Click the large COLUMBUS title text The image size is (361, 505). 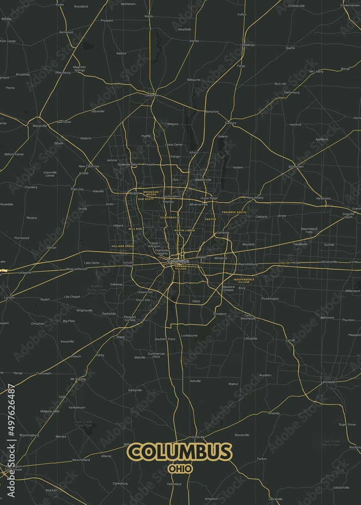[180, 452]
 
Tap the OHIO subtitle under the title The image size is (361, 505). [180, 469]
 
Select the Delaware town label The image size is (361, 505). [152, 95]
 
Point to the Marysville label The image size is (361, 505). [39, 126]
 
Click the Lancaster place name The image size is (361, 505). [328, 382]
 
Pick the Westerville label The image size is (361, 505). [203, 179]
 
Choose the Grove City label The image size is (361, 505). [143, 299]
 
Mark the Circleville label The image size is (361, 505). [197, 437]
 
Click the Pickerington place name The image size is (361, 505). [270, 298]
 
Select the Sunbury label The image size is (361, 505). [231, 123]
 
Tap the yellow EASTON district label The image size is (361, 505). [210, 219]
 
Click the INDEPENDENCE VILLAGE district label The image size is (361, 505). [244, 280]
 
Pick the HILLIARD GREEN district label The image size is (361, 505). [122, 246]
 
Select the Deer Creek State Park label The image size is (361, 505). [83, 423]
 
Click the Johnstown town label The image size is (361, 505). [296, 166]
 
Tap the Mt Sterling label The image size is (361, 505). [78, 378]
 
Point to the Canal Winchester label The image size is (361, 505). [248, 317]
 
